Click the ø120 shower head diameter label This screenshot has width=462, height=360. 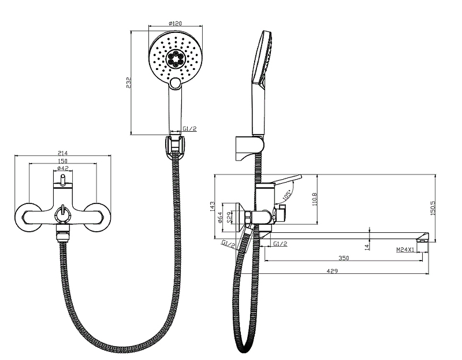tap(176, 23)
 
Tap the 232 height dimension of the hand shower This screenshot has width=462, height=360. tap(128, 83)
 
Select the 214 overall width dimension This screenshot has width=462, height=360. tap(62, 153)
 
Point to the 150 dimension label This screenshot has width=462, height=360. tap(62, 161)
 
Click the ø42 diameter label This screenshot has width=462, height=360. tap(62, 168)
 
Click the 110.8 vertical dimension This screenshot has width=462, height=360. tap(314, 199)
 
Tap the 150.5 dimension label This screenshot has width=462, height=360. tap(433, 208)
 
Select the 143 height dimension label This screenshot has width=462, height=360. tap(213, 206)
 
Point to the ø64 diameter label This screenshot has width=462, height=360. tap(220, 218)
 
